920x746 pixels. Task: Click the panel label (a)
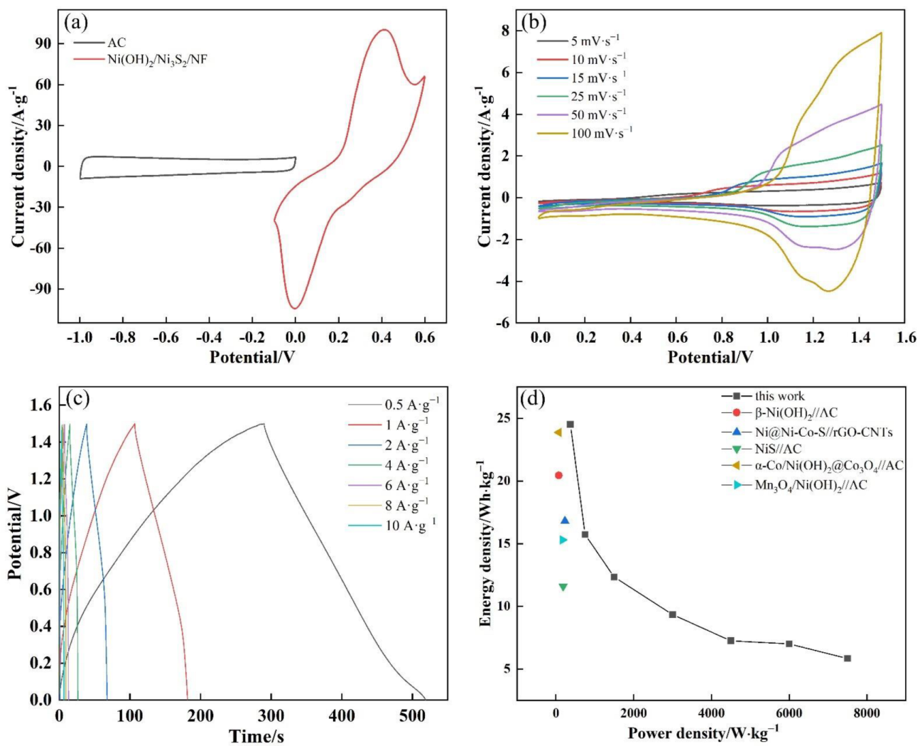point(76,23)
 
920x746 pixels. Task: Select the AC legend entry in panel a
point(117,43)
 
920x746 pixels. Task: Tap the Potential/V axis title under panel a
point(251,356)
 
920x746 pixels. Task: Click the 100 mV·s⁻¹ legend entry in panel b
point(601,132)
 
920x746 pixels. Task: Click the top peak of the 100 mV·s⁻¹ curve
point(881,33)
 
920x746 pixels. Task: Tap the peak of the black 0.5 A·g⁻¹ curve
point(263,424)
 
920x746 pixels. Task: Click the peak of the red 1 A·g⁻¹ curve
point(134,424)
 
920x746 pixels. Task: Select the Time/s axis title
point(256,735)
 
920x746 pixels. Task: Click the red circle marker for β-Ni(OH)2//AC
point(558,475)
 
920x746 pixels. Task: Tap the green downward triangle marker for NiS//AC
point(563,587)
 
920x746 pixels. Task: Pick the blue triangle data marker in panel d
point(565,521)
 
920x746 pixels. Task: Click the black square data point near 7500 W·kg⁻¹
point(847,659)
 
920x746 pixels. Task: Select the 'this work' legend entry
point(779,396)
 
